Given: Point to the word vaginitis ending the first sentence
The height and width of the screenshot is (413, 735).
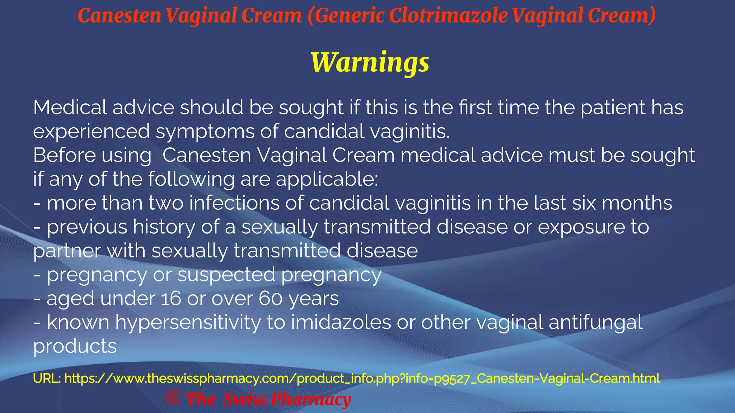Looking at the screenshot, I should coord(409,131).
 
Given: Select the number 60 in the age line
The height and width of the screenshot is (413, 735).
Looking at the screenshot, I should coord(271,299).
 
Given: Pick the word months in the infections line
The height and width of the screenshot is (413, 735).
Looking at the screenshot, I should coord(637,203).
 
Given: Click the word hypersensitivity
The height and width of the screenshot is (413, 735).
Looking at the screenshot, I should coord(188,323).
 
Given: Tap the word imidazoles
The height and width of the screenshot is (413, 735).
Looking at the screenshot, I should coord(341,322).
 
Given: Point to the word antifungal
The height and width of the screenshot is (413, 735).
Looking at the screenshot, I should coord(595,323).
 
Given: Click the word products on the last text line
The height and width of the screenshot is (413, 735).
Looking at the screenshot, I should coord(75,347).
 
